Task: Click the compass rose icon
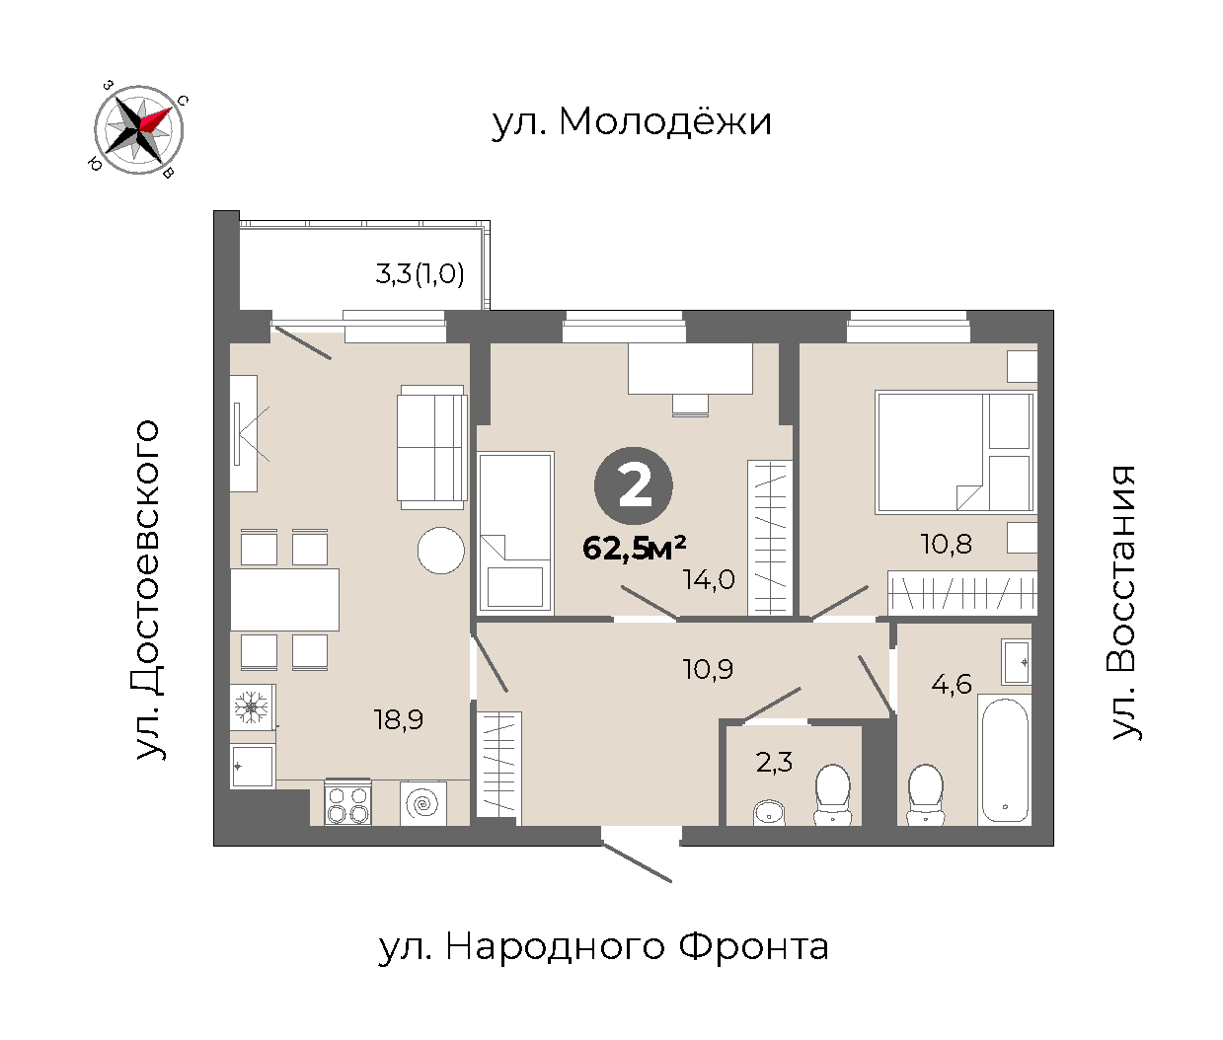tap(138, 129)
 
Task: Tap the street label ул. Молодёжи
tap(632, 122)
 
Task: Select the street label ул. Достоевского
tap(147, 590)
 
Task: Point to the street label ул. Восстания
tap(1123, 603)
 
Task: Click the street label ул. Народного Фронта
tap(603, 946)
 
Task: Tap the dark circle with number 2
tap(634, 485)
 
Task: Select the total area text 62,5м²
tap(635, 548)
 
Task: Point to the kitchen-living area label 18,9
tap(398, 720)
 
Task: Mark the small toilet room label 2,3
tap(775, 763)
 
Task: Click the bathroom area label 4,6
tap(952, 684)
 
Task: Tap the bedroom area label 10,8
tap(946, 544)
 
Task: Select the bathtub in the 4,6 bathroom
tap(1005, 760)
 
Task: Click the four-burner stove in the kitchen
tap(347, 802)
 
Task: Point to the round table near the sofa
tap(441, 551)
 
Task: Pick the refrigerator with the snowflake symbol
tap(252, 706)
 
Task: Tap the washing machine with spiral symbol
tap(423, 803)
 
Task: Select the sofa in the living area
tap(432, 447)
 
